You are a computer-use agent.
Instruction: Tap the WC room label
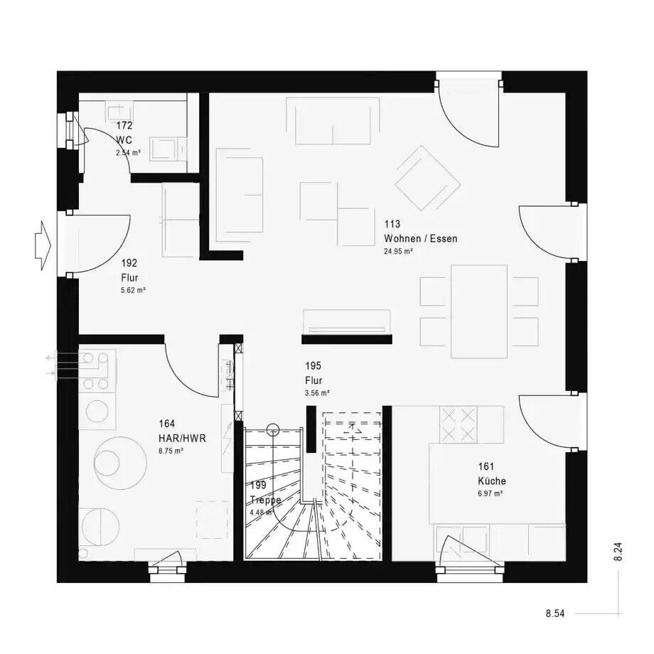124,140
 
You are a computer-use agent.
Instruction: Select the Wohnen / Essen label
420,239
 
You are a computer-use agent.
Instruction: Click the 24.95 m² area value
398,252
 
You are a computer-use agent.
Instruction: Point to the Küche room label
492,481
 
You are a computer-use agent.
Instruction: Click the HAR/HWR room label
182,439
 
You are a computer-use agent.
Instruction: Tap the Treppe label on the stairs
265,499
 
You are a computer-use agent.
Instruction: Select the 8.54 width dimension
555,613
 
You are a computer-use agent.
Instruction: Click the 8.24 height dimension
618,552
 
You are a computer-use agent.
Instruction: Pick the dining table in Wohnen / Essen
479,311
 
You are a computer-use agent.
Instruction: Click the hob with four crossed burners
459,424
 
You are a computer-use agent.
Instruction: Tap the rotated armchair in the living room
427,178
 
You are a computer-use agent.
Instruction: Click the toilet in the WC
166,148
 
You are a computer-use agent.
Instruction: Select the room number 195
313,366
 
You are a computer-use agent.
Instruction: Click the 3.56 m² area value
317,393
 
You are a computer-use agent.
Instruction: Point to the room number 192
129,263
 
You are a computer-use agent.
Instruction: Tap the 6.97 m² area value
490,493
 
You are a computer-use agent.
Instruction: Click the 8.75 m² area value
171,451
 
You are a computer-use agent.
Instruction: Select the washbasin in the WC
119,112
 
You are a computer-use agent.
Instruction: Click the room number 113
392,224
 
